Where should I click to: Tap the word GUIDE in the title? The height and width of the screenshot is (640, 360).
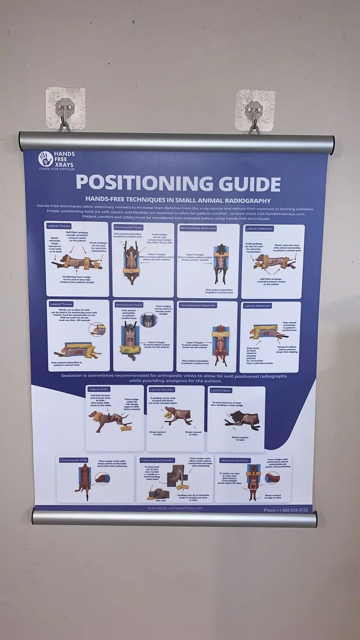(x=246, y=184)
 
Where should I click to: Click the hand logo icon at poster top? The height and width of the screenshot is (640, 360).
(x=45, y=159)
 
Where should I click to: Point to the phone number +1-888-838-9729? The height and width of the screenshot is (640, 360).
(x=286, y=510)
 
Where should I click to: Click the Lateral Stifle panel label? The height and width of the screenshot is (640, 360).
(x=99, y=389)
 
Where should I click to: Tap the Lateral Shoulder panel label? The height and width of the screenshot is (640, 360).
(x=162, y=390)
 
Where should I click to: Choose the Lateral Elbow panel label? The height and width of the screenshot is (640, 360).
(x=221, y=391)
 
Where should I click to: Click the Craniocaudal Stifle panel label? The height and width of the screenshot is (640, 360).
(x=74, y=460)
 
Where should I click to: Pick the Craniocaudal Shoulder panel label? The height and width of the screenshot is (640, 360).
(x=157, y=460)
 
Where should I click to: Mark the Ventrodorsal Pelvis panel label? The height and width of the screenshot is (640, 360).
(x=236, y=460)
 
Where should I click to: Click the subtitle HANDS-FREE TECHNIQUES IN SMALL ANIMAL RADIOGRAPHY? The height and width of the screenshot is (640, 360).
(x=178, y=200)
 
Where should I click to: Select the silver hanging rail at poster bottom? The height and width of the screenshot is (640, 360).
(x=175, y=518)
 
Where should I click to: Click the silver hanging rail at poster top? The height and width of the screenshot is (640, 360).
(x=177, y=142)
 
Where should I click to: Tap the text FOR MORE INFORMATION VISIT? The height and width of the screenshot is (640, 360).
(x=175, y=508)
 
